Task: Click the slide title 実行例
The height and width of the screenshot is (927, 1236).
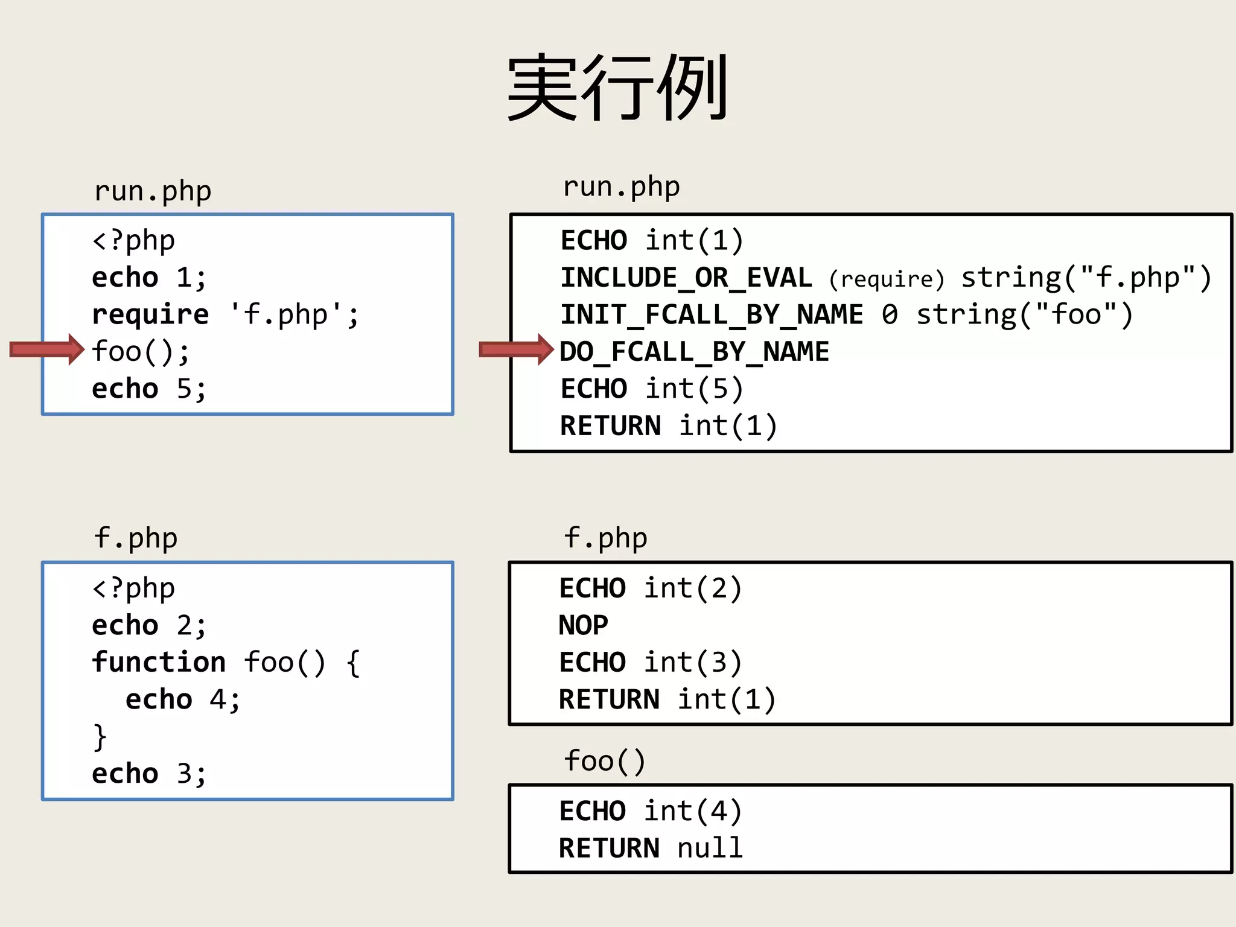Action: pos(617,88)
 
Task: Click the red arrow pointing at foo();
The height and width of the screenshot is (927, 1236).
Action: pos(47,349)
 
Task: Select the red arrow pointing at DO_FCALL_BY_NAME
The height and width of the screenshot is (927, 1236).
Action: pos(516,349)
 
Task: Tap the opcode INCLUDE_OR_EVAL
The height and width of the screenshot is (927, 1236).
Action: pos(686,278)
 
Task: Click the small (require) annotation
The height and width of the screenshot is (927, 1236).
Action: pos(886,279)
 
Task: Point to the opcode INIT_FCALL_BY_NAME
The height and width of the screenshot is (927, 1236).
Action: pos(712,315)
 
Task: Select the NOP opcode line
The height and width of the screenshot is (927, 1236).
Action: pos(583,625)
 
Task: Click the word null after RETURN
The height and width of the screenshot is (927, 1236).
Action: pos(710,849)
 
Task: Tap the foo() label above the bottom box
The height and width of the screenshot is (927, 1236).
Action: pos(605,761)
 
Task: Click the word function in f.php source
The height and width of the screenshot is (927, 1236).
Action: pos(159,662)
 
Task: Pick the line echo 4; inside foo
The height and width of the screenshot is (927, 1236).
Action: pos(182,699)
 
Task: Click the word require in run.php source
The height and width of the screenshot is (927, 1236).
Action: pos(150,315)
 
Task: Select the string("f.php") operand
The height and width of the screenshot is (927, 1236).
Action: pos(1086,278)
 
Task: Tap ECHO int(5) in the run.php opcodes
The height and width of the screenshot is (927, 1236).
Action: pos(651,389)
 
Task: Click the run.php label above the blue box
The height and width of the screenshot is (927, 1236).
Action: pos(153,191)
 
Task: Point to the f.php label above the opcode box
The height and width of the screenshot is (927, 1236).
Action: pos(605,538)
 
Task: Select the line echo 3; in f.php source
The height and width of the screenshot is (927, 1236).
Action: pos(149,774)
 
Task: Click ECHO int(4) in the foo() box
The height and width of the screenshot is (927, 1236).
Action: pos(650,811)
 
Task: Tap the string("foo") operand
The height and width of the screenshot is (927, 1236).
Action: pos(1025,315)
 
